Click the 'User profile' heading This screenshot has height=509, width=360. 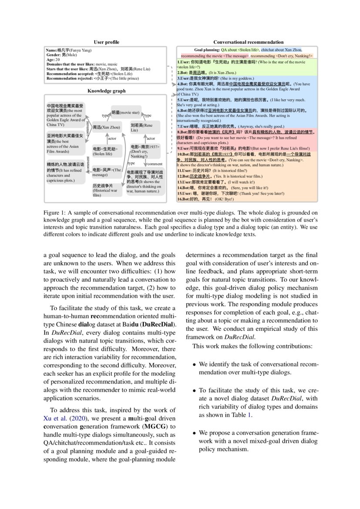click(106, 42)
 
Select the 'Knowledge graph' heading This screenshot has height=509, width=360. click(106, 91)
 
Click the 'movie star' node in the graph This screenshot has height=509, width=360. click(126, 112)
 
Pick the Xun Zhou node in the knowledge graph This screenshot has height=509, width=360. click(105, 128)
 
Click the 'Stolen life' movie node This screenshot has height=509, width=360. click(105, 151)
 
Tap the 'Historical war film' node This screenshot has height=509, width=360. click(105, 190)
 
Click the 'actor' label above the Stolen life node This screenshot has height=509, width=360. click(112, 138)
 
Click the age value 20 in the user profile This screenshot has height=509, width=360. click(58, 60)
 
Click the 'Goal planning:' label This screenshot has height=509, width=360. click(207, 50)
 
